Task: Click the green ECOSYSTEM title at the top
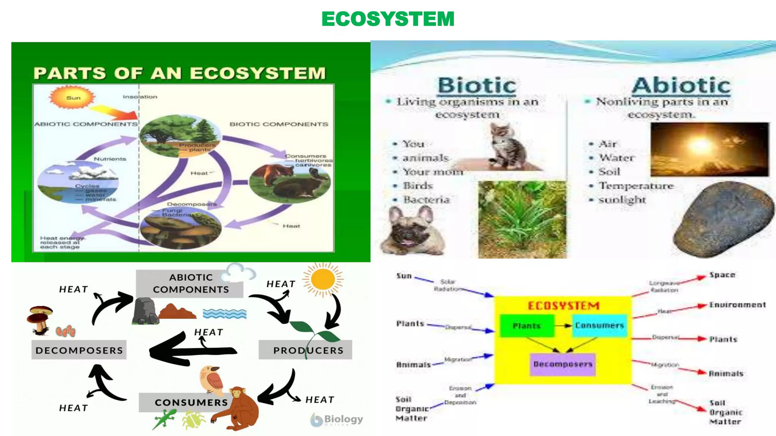pyautogui.click(x=388, y=19)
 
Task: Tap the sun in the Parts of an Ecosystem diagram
pyautogui.click(x=72, y=97)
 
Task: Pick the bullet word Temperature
pyautogui.click(x=636, y=186)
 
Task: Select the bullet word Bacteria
pyautogui.click(x=426, y=199)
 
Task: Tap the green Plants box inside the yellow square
pyautogui.click(x=526, y=326)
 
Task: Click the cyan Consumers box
pyautogui.click(x=599, y=325)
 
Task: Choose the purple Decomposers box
pyautogui.click(x=563, y=364)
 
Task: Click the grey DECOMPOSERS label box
pyautogui.click(x=79, y=350)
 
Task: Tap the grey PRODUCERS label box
pyautogui.click(x=305, y=350)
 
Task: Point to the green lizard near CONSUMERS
pyautogui.click(x=164, y=419)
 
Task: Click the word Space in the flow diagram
pyautogui.click(x=722, y=275)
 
